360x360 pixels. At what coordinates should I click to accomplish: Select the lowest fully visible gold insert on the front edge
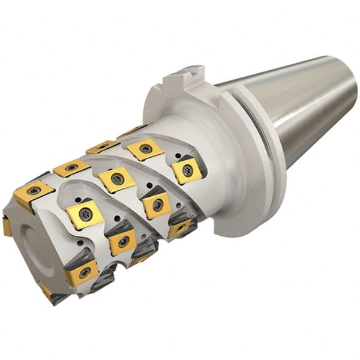(x=82, y=272)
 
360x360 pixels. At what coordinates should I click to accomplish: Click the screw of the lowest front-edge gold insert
(x=85, y=272)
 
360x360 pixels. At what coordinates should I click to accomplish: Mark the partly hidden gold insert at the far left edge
(x=6, y=227)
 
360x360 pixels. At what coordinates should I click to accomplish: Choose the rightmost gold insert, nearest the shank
(x=187, y=170)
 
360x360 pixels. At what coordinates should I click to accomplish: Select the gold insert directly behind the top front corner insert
(x=71, y=168)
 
